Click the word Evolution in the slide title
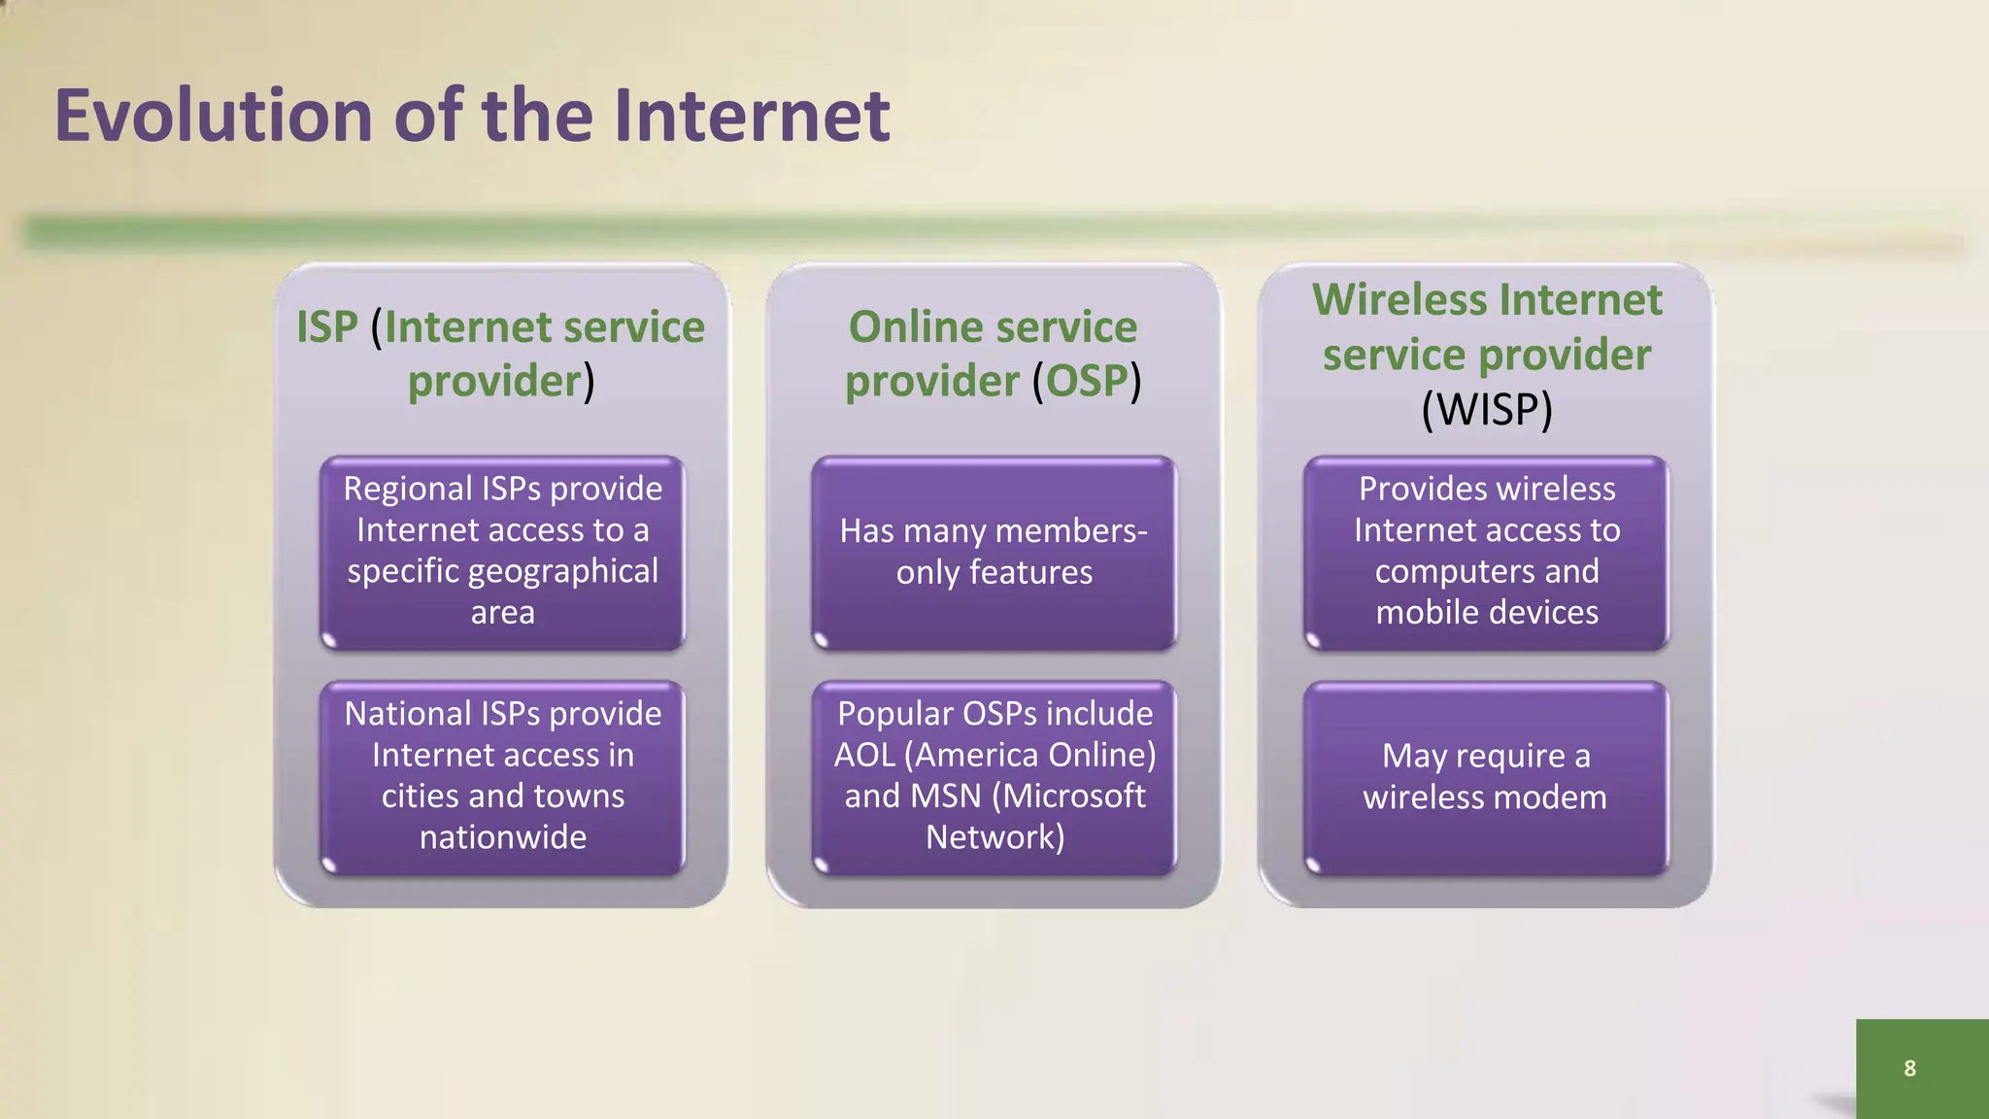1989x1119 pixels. click(x=213, y=116)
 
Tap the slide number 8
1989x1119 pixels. click(x=1909, y=1068)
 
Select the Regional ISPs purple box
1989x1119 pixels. click(x=503, y=552)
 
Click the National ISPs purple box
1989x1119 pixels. click(x=503, y=776)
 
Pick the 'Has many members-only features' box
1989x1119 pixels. click(x=994, y=552)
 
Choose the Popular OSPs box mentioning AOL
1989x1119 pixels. click(x=994, y=776)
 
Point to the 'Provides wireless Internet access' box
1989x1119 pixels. click(x=1487, y=552)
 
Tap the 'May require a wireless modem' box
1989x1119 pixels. click(x=1487, y=776)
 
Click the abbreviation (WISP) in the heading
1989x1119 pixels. click(x=1487, y=409)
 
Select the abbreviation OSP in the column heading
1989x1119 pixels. click(x=1086, y=381)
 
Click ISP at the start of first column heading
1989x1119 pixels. click(x=327, y=327)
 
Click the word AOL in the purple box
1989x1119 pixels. click(x=864, y=755)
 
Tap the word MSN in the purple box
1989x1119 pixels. click(x=946, y=797)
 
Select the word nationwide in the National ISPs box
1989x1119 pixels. click(x=503, y=837)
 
